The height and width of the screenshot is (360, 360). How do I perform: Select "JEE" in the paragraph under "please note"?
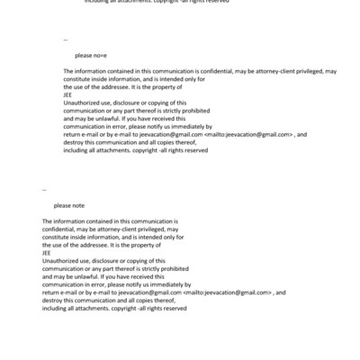pyautogui.click(x=47, y=252)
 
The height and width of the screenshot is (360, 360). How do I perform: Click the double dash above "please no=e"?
pyautogui.click(x=66, y=40)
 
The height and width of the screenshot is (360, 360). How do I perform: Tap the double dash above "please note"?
pyautogui.click(x=45, y=190)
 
